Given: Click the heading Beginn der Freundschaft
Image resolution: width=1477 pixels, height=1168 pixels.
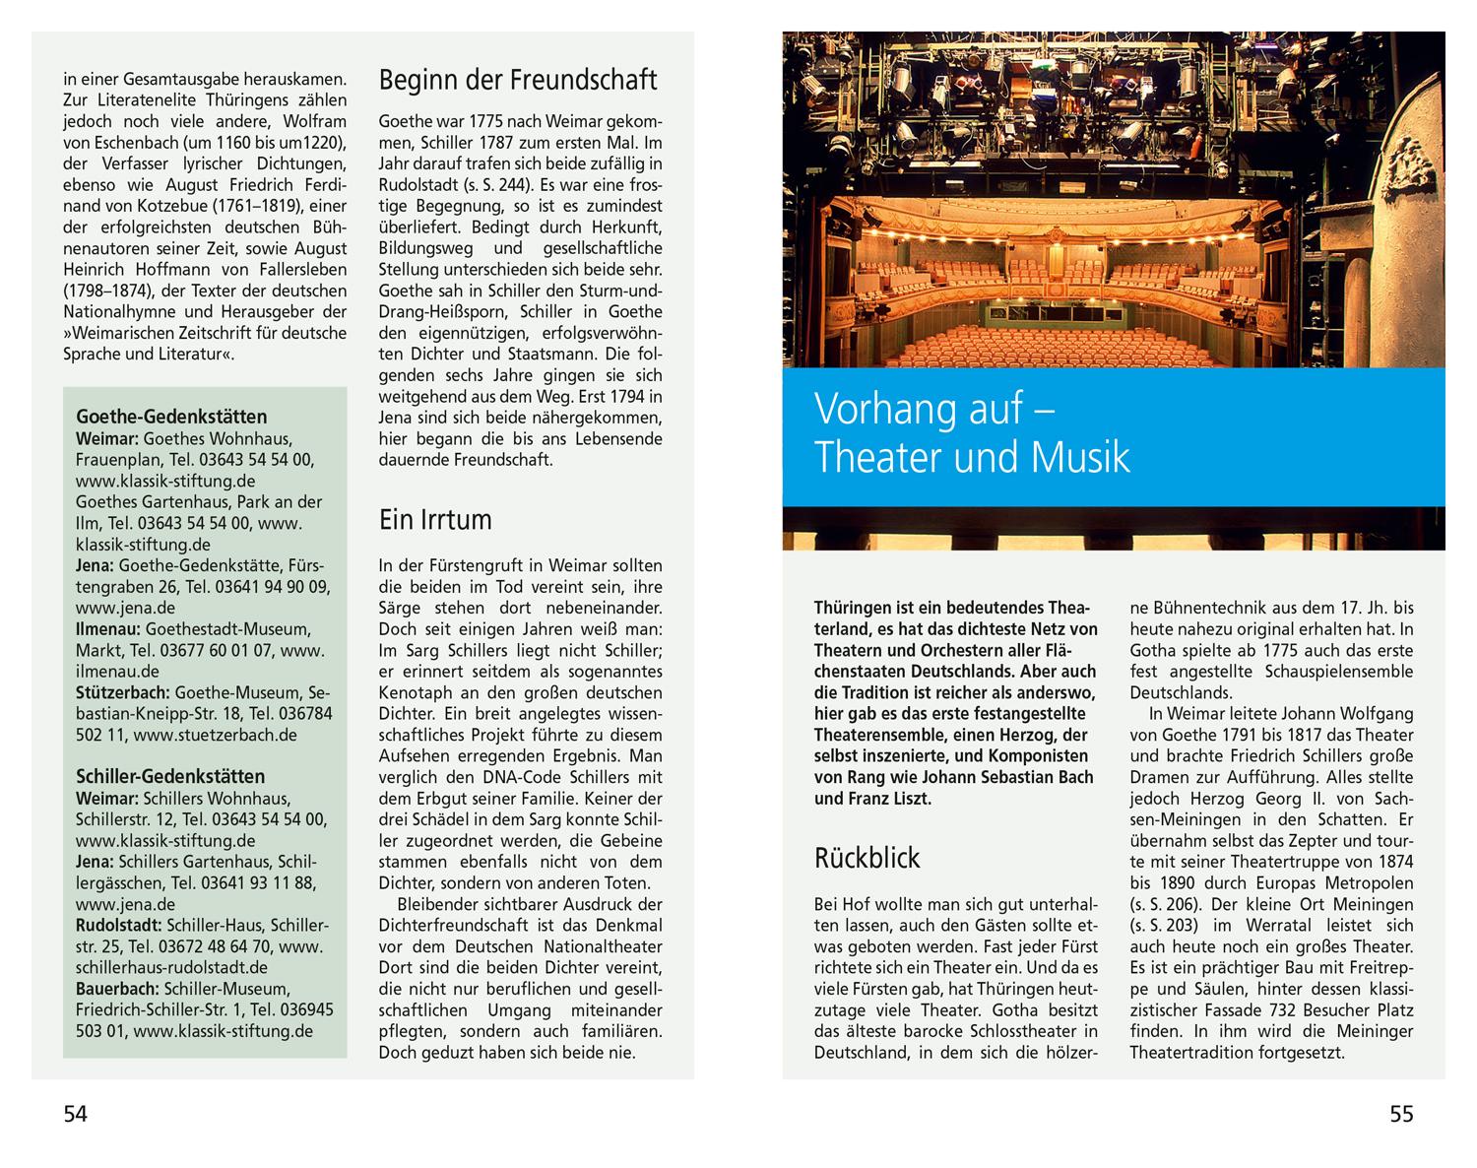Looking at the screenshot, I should pos(518,80).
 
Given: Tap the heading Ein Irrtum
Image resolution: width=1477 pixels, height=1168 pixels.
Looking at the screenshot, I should pos(435,519).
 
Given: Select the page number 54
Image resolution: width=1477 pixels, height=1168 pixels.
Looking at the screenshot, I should pos(76,1114).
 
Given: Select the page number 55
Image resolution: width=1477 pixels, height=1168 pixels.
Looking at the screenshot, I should pos(1400,1114).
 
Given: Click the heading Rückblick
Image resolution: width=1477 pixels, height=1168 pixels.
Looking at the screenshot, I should pos(867,858).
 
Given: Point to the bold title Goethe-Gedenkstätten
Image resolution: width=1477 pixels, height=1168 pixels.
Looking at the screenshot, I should pos(171,417).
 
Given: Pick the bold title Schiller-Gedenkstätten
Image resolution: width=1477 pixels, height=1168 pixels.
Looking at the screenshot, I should pos(170,777).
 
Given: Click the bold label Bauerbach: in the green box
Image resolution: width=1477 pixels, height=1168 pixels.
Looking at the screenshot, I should pos(118,989).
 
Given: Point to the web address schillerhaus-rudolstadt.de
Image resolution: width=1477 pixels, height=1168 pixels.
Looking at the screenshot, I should pos(171,968).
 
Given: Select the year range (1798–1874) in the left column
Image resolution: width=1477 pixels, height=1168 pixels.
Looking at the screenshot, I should pos(117,291).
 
